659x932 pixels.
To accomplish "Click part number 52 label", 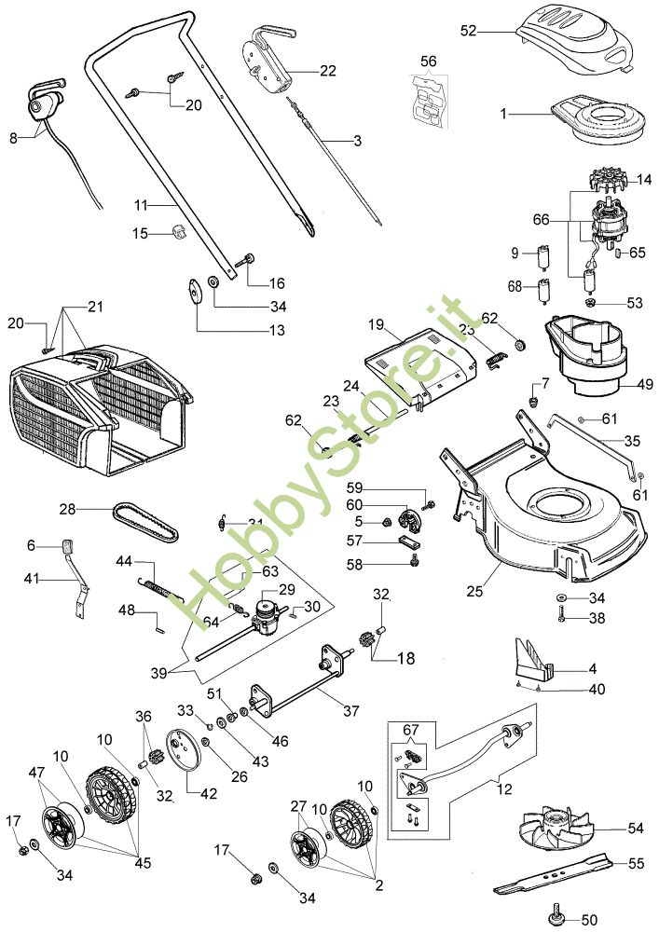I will click(x=468, y=31).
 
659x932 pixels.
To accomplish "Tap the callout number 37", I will click(x=350, y=710).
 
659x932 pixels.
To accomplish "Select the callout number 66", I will click(x=542, y=221).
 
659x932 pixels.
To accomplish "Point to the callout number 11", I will click(x=141, y=203).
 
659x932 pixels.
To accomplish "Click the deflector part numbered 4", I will click(x=530, y=656).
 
